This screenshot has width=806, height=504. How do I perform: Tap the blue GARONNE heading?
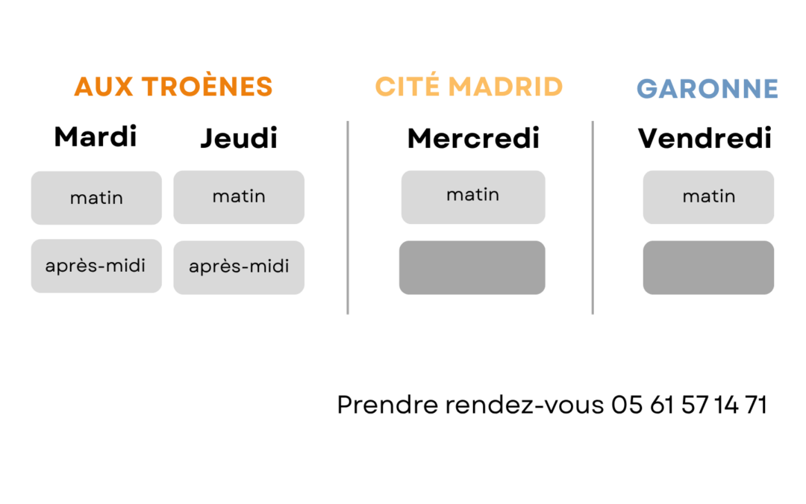click(x=707, y=88)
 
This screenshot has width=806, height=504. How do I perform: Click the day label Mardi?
click(x=96, y=137)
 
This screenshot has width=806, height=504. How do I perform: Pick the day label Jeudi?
click(x=239, y=138)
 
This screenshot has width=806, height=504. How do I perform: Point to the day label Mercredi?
click(x=473, y=138)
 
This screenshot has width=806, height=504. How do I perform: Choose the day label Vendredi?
click(x=705, y=138)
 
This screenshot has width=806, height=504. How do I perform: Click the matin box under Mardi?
click(x=96, y=198)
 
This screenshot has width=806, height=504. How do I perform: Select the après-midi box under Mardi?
click(x=96, y=266)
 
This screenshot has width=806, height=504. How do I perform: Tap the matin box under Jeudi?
click(x=239, y=197)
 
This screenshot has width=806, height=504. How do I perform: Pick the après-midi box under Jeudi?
click(x=239, y=267)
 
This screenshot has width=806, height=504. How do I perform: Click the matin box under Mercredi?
click(x=473, y=197)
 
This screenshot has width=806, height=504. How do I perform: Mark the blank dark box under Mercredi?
click(x=472, y=267)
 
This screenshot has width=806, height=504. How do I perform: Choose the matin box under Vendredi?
click(x=708, y=197)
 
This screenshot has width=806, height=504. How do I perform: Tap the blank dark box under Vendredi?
click(x=708, y=267)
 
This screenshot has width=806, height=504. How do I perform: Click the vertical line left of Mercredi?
click(x=348, y=217)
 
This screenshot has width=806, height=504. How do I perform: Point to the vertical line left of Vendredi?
click(x=593, y=217)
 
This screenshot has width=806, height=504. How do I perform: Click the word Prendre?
click(x=387, y=405)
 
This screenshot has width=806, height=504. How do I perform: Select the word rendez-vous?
click(x=525, y=405)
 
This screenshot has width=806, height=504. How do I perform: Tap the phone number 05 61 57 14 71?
click(x=689, y=405)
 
